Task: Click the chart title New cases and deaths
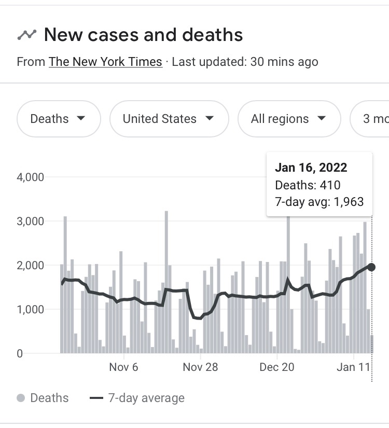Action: coord(143,35)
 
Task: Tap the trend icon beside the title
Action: coord(27,35)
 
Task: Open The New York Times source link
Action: coord(105,62)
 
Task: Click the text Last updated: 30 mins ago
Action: coord(245,62)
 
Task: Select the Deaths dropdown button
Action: coord(58,119)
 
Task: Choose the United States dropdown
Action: coord(169,119)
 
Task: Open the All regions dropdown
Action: coord(288,119)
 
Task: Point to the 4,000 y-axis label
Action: coord(30,177)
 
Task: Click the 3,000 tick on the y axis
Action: coord(30,221)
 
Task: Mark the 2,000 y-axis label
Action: coord(30,265)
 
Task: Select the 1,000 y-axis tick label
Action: coord(30,309)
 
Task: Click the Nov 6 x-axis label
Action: coord(124,367)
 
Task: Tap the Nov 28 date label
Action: coord(200,367)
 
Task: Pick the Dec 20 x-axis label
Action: coord(276,367)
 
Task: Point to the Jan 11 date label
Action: coord(353,367)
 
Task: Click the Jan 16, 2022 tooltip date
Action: coord(311,168)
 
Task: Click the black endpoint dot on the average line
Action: coord(371,267)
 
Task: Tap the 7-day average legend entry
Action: coord(137,398)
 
